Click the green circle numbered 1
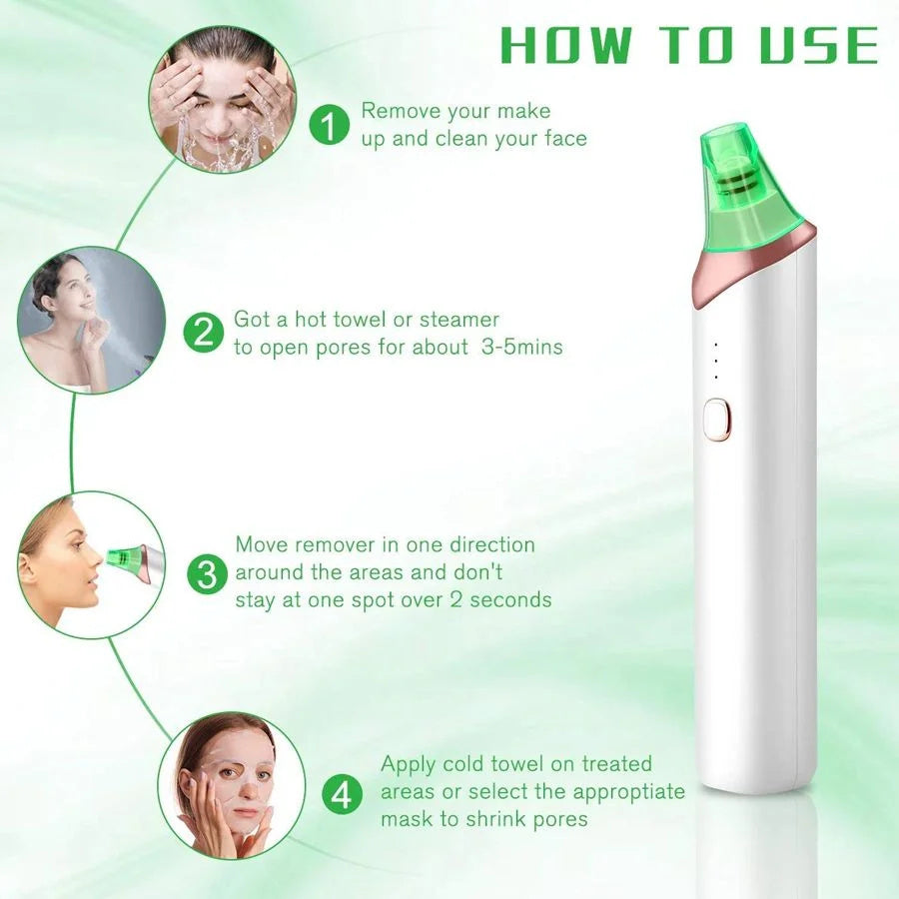[331, 125]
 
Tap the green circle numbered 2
[204, 332]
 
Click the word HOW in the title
[565, 47]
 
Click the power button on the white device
[713, 419]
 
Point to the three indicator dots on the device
[715, 361]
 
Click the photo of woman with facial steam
[91, 320]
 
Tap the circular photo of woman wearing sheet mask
[231, 784]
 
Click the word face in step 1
[565, 138]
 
